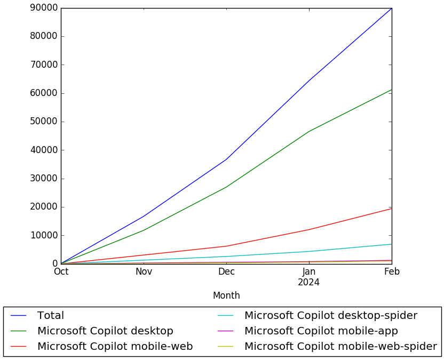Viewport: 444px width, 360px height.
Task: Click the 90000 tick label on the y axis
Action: (x=44, y=8)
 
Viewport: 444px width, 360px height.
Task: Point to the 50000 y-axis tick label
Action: (x=44, y=122)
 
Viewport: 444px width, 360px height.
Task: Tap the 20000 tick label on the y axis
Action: (x=44, y=207)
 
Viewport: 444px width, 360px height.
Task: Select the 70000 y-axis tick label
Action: (x=44, y=65)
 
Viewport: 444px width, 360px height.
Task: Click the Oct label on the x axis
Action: (x=61, y=272)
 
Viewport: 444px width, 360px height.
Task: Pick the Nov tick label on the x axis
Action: (x=144, y=272)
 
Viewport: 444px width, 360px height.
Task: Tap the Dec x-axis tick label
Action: (x=226, y=272)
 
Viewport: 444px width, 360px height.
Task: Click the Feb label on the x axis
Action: (x=392, y=272)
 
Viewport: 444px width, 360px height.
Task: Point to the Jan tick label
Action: (x=309, y=272)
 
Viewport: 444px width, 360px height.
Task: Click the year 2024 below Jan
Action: (x=309, y=282)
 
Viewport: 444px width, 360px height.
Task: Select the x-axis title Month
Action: (x=226, y=295)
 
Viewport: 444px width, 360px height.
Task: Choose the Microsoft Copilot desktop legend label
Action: (x=105, y=331)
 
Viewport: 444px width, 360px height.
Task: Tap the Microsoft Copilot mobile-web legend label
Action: (x=115, y=347)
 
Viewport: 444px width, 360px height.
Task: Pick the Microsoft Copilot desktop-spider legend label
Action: (x=331, y=316)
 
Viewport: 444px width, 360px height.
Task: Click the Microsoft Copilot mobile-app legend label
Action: (x=321, y=331)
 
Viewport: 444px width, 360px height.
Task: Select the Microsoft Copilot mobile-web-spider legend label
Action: (x=340, y=347)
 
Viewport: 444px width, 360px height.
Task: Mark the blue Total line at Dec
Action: (x=226, y=159)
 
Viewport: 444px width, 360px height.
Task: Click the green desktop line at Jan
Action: (x=309, y=131)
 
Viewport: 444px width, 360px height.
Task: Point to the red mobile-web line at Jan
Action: (x=309, y=229)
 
